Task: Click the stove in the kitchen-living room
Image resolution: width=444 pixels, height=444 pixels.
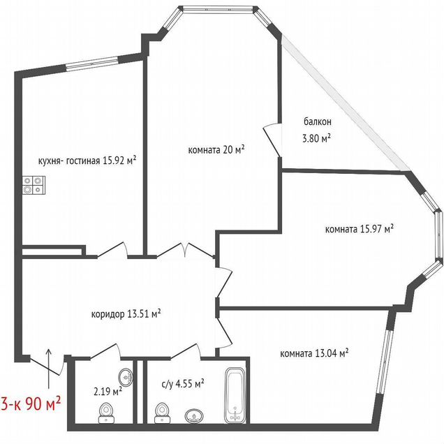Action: [x=34, y=185]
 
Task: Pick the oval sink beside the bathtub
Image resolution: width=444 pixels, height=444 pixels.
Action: [x=194, y=416]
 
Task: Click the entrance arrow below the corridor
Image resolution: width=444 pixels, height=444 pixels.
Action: [x=49, y=368]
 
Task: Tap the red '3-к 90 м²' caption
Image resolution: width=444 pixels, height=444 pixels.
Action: [x=31, y=404]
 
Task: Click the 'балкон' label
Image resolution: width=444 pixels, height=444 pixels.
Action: [x=318, y=121]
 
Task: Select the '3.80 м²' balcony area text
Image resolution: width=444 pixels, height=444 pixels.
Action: [x=317, y=138]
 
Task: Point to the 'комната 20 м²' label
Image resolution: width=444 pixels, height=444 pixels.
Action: [x=216, y=149]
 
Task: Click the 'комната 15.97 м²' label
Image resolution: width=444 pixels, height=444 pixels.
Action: [x=360, y=228]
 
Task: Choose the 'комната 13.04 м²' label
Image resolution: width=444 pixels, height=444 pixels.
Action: [x=314, y=353]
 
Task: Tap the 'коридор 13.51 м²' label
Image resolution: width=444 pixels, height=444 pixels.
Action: [x=126, y=313]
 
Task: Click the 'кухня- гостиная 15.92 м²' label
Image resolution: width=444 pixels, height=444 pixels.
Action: [x=87, y=161]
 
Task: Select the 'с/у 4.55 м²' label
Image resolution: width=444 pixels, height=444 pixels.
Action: [x=183, y=384]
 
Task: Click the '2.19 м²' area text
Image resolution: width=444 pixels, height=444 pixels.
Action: [x=108, y=392]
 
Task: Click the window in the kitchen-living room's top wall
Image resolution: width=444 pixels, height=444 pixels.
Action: [x=92, y=63]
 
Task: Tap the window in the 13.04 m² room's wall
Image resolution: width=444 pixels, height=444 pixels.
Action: [x=384, y=362]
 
